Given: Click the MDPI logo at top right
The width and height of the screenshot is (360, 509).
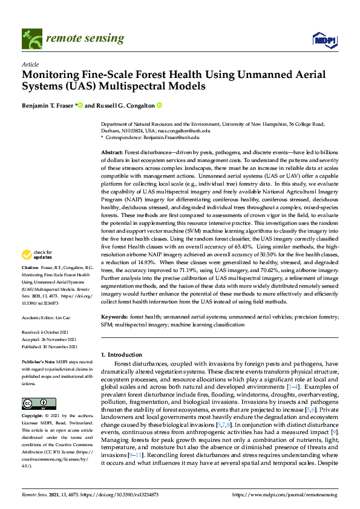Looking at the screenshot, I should [323, 40].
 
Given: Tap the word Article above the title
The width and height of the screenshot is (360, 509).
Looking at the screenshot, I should [30, 64].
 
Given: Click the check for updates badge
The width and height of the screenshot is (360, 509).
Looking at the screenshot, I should [36, 272].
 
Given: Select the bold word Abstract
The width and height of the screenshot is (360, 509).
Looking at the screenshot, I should [111, 153].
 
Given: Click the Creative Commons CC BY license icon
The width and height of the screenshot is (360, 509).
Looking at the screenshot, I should [36, 404].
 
